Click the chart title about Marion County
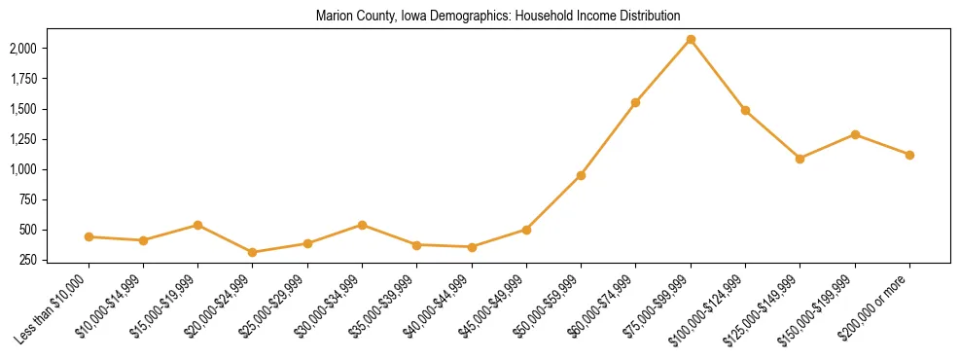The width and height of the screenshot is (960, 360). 497,17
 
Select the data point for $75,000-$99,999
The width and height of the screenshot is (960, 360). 691,40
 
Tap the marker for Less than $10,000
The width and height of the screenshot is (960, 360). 89,236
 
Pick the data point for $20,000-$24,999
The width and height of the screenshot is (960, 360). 253,252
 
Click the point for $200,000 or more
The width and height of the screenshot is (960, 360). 909,155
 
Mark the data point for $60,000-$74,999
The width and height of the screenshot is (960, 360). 635,102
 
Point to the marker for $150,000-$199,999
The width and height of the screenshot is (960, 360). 855,134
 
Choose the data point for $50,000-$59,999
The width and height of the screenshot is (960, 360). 581,175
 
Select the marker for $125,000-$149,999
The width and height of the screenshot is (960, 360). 800,159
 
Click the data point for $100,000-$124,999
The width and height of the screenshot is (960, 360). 745,110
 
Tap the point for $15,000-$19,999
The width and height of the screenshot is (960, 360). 198,225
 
